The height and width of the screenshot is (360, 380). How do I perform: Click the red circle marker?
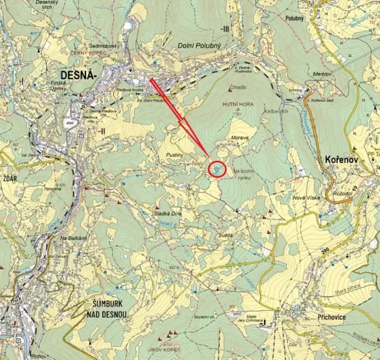(x=218, y=168)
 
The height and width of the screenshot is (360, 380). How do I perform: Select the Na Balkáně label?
(x=74, y=238)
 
